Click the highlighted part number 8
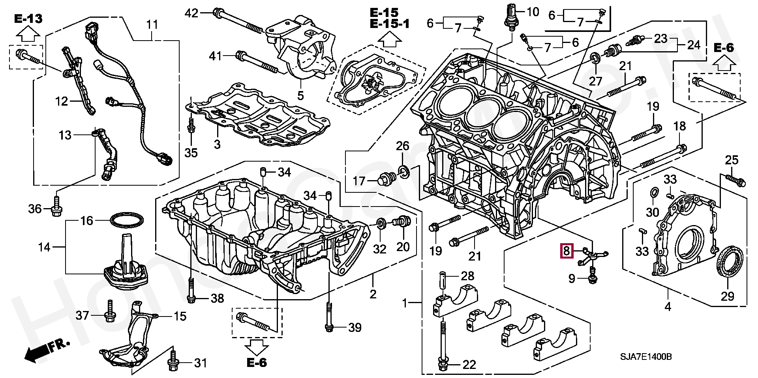pyautogui.click(x=567, y=251)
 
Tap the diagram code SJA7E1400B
pyautogui.click(x=645, y=357)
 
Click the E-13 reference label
pyautogui.click(x=29, y=19)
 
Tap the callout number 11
pyautogui.click(x=152, y=25)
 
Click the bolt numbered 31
pyautogui.click(x=173, y=361)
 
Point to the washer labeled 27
pyautogui.click(x=596, y=60)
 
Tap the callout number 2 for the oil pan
pyautogui.click(x=373, y=294)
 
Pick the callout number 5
pyautogui.click(x=300, y=96)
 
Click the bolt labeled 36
pyautogui.click(x=56, y=204)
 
